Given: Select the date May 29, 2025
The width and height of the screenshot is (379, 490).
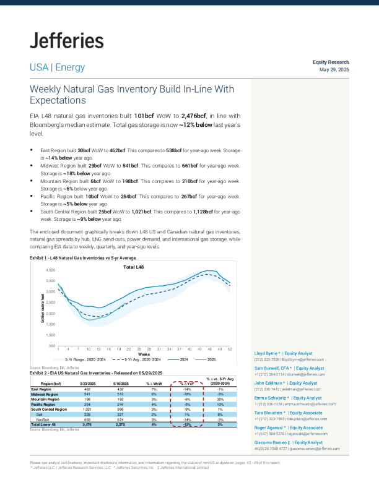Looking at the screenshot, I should (x=334, y=69).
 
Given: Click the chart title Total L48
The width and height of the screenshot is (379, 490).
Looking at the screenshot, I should (x=137, y=267).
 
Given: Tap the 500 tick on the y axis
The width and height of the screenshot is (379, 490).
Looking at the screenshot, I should (x=53, y=345).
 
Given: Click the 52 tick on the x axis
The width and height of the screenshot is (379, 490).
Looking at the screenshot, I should (x=230, y=350).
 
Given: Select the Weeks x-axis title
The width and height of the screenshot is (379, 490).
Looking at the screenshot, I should (x=144, y=355).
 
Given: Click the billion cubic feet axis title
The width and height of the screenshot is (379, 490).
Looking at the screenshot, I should (x=43, y=307).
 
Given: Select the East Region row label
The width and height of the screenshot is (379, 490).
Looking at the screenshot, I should (x=41, y=389).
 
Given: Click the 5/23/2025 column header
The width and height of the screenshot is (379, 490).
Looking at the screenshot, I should (x=87, y=384).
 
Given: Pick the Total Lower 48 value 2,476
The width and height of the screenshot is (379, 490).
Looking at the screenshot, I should (x=87, y=424).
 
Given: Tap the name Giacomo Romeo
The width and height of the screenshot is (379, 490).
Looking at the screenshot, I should (x=272, y=443).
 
